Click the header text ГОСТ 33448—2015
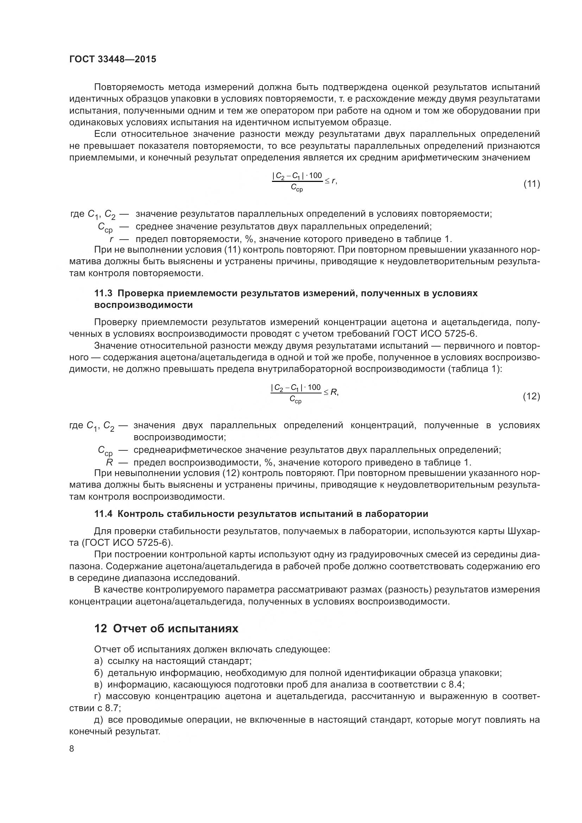point(113,59)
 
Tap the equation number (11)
point(531,184)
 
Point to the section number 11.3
point(103,293)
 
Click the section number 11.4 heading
point(103,514)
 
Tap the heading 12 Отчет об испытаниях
point(166,628)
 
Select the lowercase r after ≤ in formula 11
point(333,181)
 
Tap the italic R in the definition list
point(110,462)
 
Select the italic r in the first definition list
point(112,239)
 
